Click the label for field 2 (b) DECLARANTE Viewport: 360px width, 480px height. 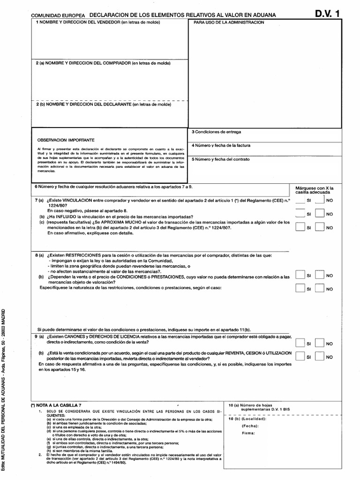[x=104, y=105]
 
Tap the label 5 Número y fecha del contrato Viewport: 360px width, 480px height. [x=223, y=159]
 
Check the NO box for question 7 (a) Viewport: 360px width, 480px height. [x=320, y=200]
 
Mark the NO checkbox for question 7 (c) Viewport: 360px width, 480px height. [x=320, y=227]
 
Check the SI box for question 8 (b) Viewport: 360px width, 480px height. [x=300, y=289]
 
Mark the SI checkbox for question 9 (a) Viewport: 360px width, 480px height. [x=300, y=343]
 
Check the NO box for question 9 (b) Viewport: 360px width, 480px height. [x=320, y=357]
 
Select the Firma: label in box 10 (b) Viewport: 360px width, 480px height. [x=248, y=433]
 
